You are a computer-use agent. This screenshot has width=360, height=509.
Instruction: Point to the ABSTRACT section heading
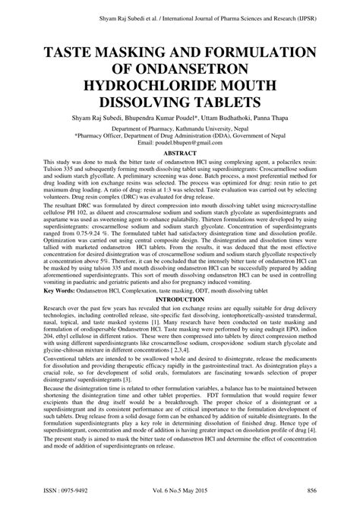180,153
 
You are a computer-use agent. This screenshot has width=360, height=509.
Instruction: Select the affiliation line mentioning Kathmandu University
180,129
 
